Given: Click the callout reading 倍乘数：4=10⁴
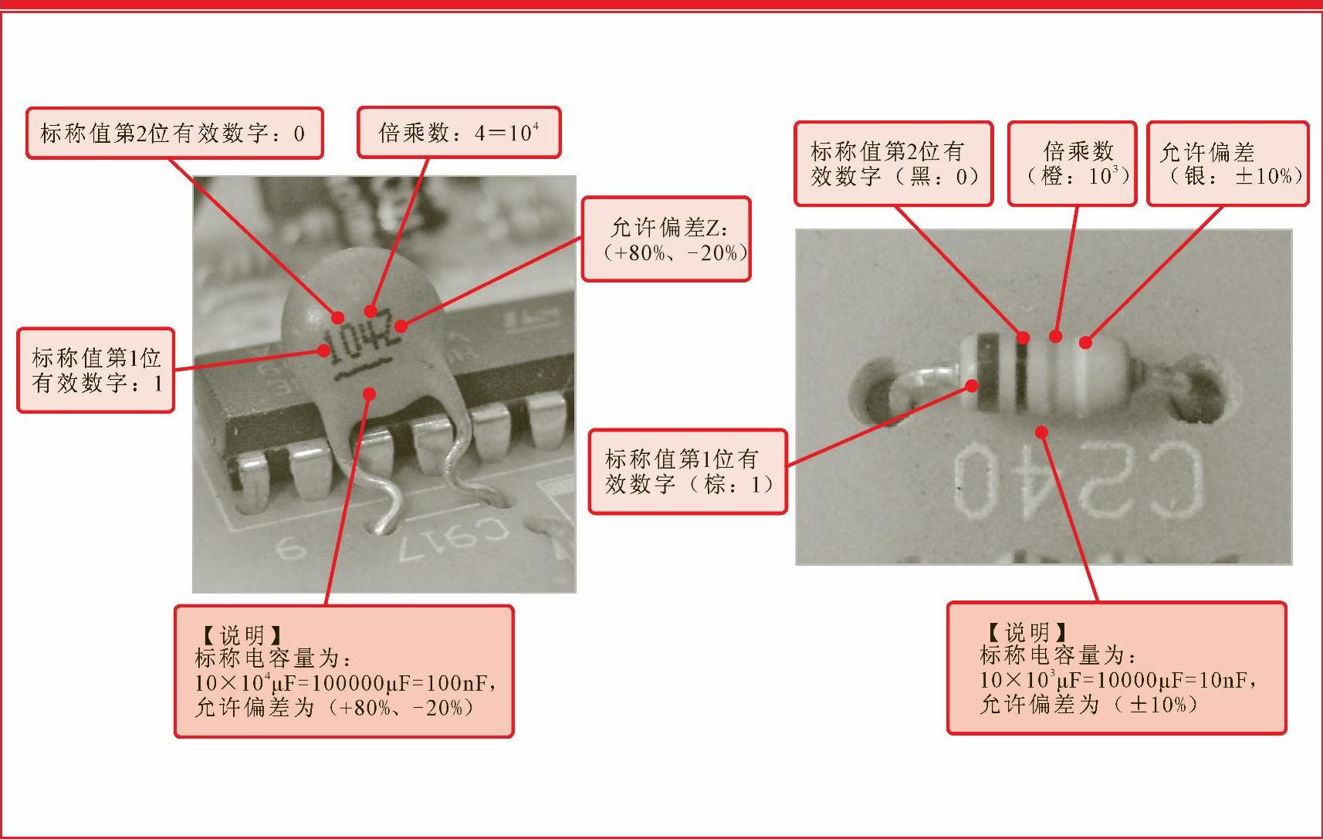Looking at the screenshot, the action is coord(459,132).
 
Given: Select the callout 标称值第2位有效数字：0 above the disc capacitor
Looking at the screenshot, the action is coord(174,133).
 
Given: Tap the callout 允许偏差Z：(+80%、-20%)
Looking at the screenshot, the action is coord(666,239).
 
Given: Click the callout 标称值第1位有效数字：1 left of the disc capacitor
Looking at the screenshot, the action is coord(96,370).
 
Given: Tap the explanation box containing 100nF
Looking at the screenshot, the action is coord(344,672).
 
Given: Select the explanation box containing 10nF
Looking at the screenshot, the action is coord(1116,668).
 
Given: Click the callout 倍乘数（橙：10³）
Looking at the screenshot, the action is coord(1072,164).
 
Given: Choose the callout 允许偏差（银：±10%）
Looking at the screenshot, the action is coord(1228,164).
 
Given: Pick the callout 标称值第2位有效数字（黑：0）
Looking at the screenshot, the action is coord(893,164).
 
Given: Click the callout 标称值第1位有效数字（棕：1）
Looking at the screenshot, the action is coord(688,472).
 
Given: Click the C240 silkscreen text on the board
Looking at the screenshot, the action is coord(1078,479).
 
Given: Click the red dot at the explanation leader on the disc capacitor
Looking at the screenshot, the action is coord(370,393).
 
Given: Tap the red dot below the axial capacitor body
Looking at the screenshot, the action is coord(1042,433).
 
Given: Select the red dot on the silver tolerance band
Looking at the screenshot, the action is coord(1085,342).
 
